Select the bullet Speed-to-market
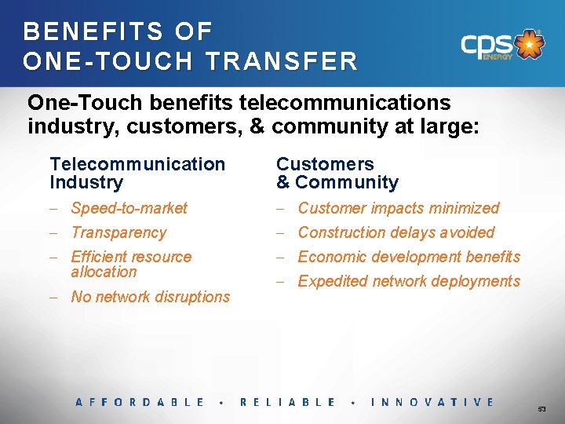(x=129, y=208)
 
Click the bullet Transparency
(x=118, y=232)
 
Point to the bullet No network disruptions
(x=150, y=297)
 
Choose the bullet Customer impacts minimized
(x=398, y=208)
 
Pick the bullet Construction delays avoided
(x=395, y=232)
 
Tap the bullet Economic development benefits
(x=409, y=257)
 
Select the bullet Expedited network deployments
(x=409, y=281)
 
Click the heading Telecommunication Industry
(x=137, y=173)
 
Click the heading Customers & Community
(x=337, y=173)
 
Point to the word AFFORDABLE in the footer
(x=140, y=402)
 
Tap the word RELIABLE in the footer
(x=287, y=402)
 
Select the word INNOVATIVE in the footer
(x=432, y=402)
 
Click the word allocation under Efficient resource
(x=104, y=272)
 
